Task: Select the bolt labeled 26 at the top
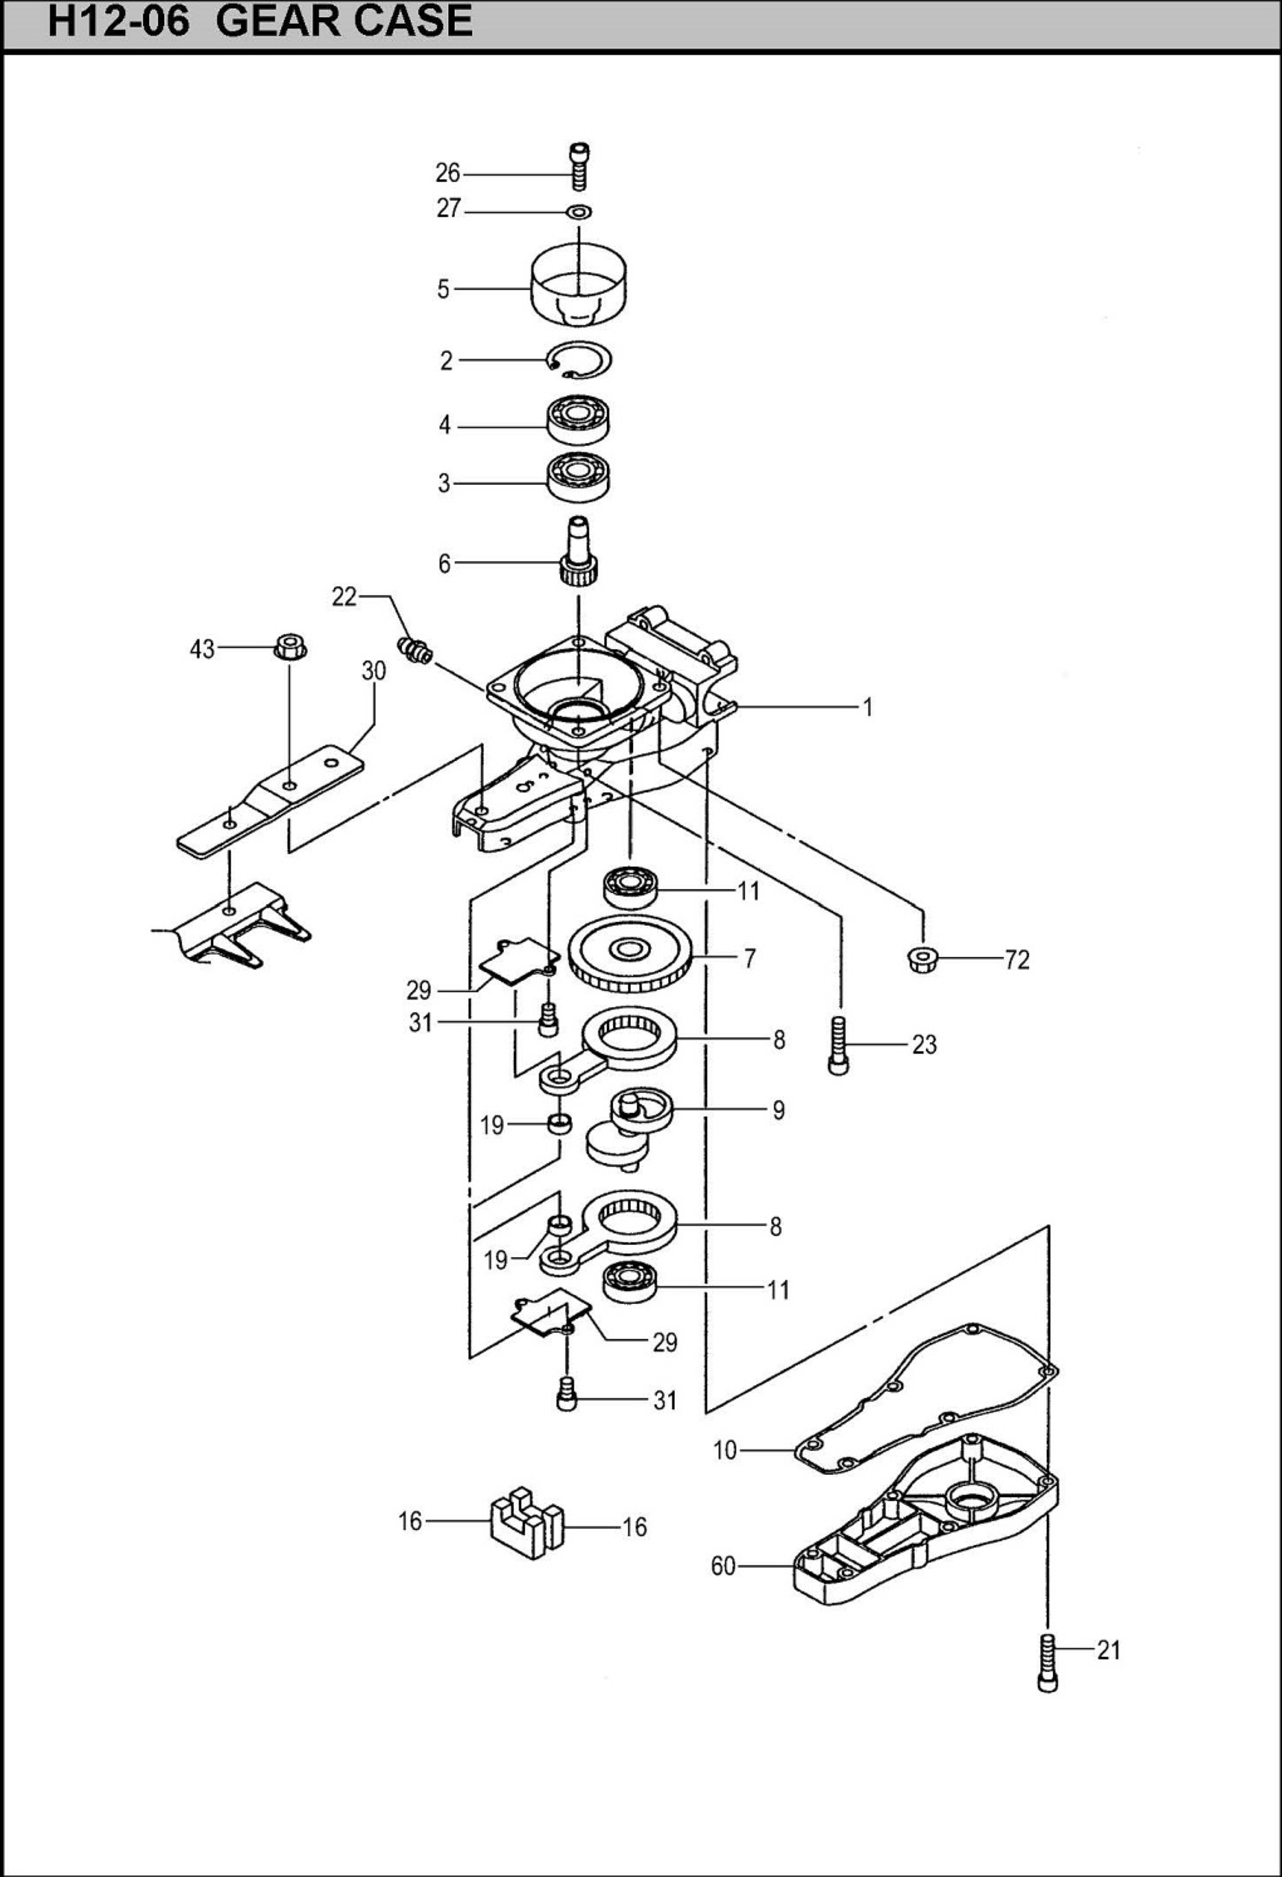tap(579, 166)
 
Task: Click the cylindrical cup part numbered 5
tap(580, 285)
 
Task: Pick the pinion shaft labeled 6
tap(578, 552)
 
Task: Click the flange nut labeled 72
tap(923, 959)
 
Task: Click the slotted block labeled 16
tap(526, 1523)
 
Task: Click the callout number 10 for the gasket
tap(725, 1450)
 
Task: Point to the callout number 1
tap(868, 707)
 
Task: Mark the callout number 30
tap(373, 670)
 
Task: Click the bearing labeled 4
tap(578, 419)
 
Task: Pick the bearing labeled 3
tap(578, 477)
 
